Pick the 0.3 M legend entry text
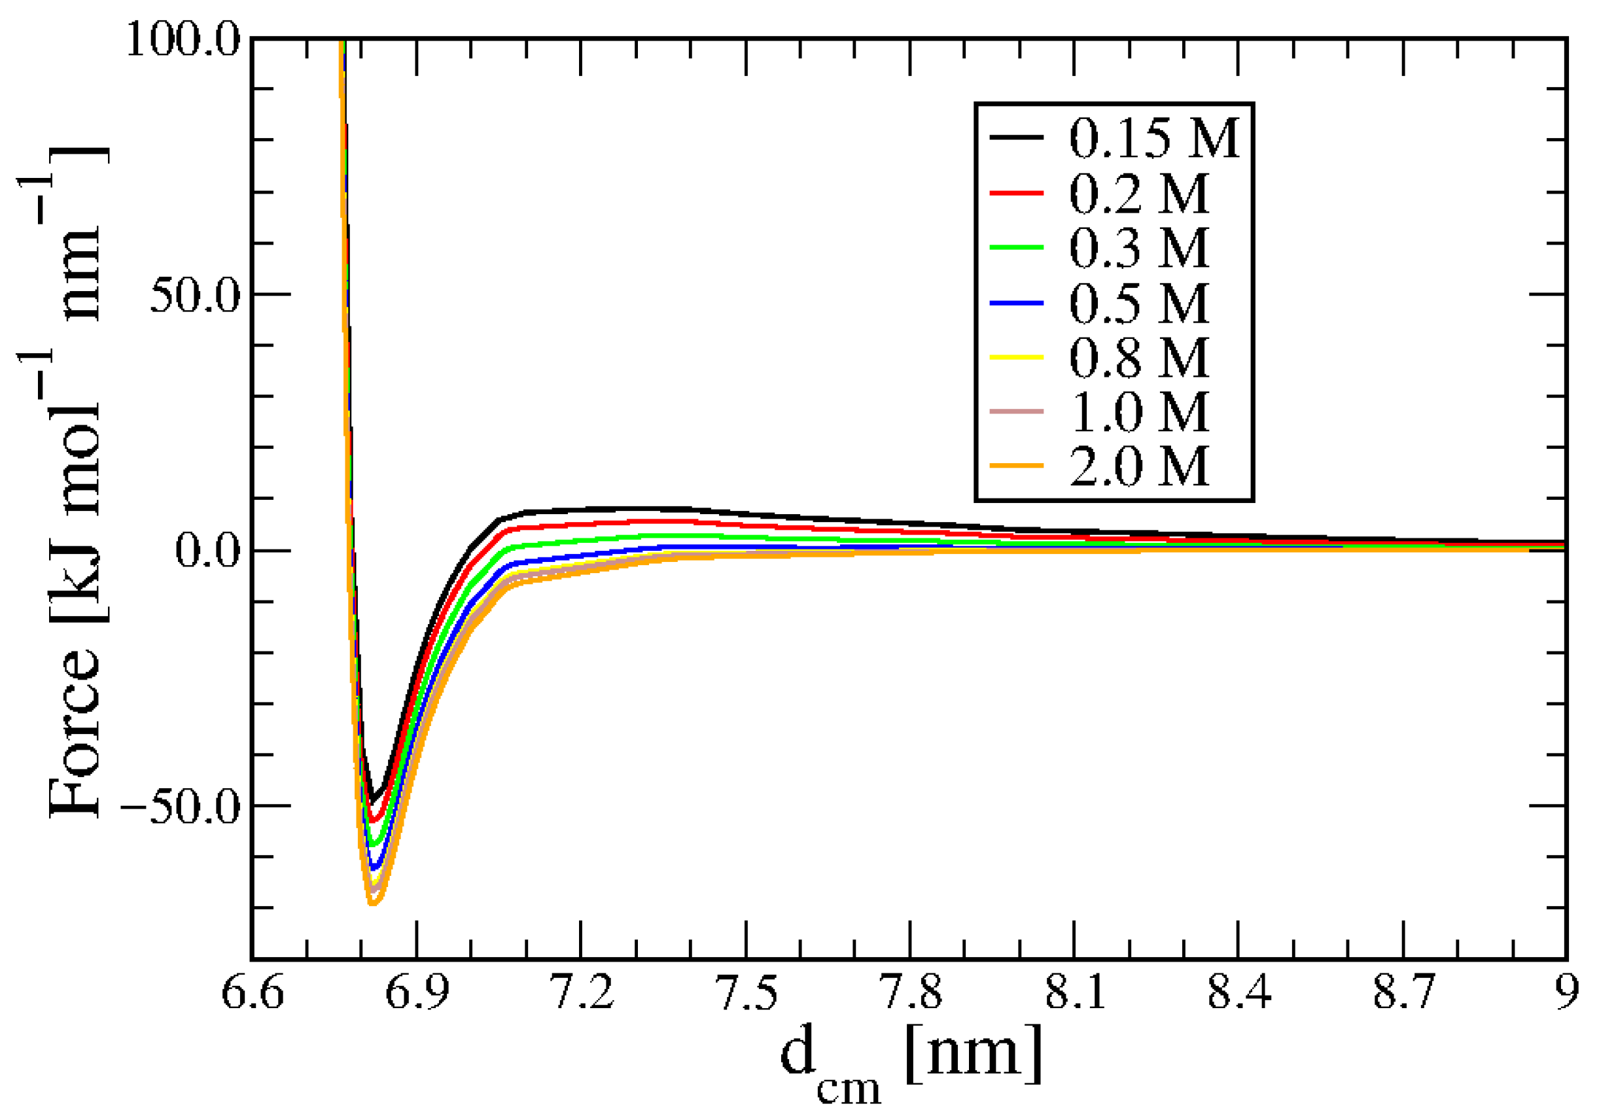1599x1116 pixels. point(1138,248)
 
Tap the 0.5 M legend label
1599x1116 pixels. point(1138,304)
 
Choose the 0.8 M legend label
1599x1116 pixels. point(1138,358)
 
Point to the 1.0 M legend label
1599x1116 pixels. point(1138,412)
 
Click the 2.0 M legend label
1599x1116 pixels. point(1138,466)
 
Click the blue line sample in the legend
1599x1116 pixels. point(1016,304)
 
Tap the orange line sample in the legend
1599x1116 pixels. point(1016,466)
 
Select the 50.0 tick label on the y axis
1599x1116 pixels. point(194,295)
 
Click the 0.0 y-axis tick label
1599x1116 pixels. point(207,551)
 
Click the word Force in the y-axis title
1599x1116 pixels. point(75,735)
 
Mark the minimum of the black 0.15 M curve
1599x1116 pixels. point(372,801)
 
